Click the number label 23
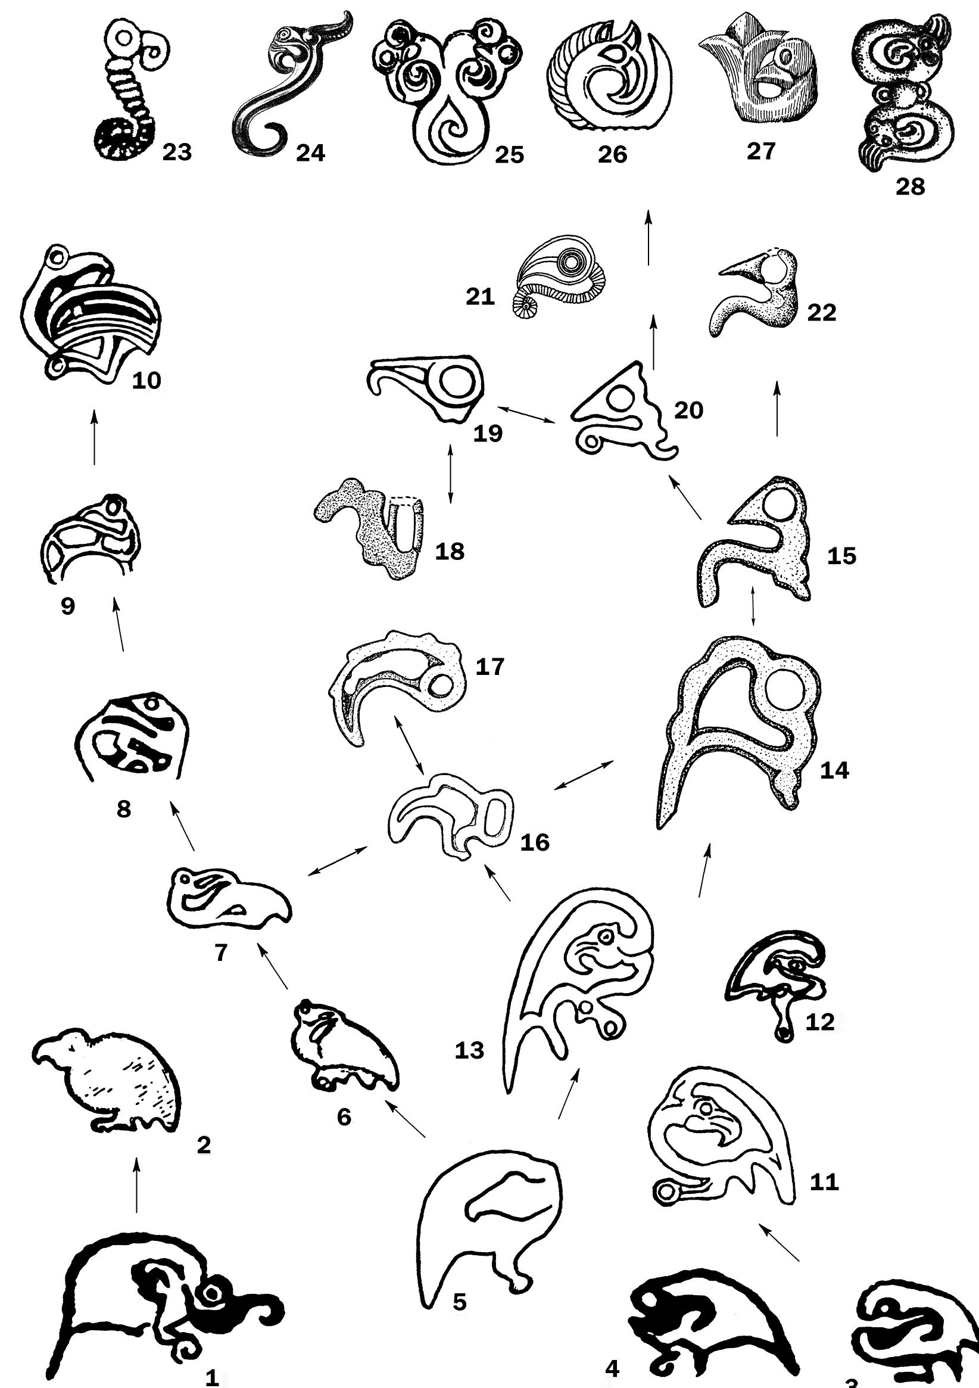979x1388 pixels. coord(176,153)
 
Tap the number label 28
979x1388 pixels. coord(909,187)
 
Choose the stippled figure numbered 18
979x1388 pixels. coord(372,529)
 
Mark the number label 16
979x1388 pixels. coord(535,842)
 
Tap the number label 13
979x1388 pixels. coord(470,1051)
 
